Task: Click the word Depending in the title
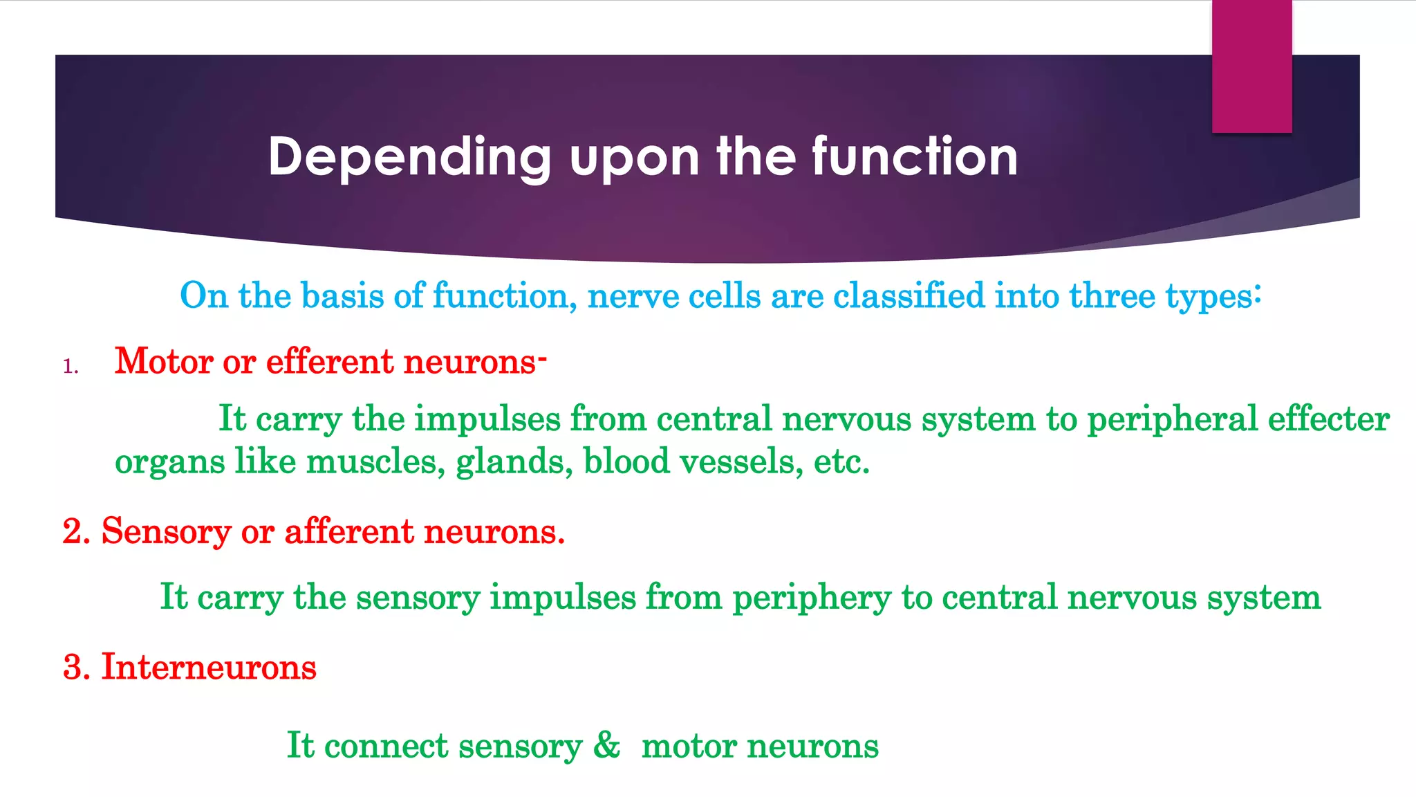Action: (409, 158)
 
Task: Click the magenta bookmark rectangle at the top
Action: (1251, 66)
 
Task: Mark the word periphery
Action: (812, 597)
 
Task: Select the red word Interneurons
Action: (209, 667)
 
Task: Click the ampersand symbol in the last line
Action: (606, 745)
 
